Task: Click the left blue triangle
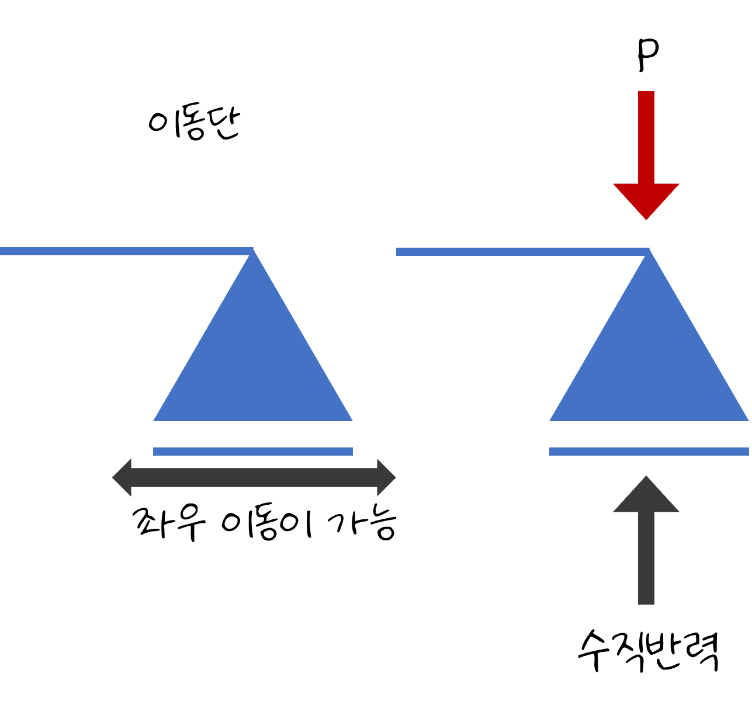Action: click(253, 362)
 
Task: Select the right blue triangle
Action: click(649, 362)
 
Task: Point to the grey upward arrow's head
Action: click(646, 497)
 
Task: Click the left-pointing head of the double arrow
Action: click(123, 477)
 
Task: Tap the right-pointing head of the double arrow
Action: click(386, 477)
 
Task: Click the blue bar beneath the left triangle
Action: click(253, 451)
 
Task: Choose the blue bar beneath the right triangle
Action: click(649, 451)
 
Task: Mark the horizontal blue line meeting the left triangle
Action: click(117, 251)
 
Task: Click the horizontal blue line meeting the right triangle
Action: click(514, 252)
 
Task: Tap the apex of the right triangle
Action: click(649, 254)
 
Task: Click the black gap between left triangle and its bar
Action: click(253, 434)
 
